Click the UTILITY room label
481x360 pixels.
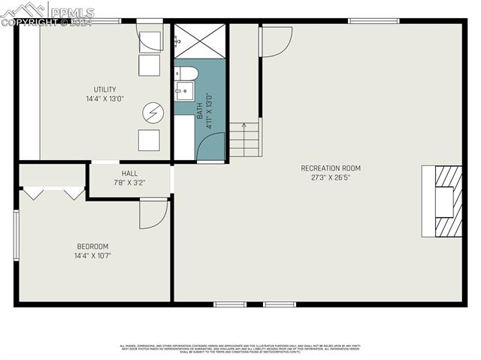point(104,89)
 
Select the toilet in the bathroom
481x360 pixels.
point(186,74)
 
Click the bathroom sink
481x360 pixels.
point(183,92)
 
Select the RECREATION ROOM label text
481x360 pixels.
point(331,168)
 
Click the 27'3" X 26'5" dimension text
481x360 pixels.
point(331,178)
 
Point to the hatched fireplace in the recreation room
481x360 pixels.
point(444,201)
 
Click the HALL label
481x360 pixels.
point(130,172)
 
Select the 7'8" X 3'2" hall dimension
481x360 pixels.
point(130,182)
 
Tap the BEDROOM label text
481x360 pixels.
point(92,246)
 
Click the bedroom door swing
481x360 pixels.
point(153,214)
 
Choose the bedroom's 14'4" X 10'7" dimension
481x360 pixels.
point(92,256)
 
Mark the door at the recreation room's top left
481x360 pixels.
point(275,41)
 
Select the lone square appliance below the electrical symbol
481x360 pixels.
point(149,141)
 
